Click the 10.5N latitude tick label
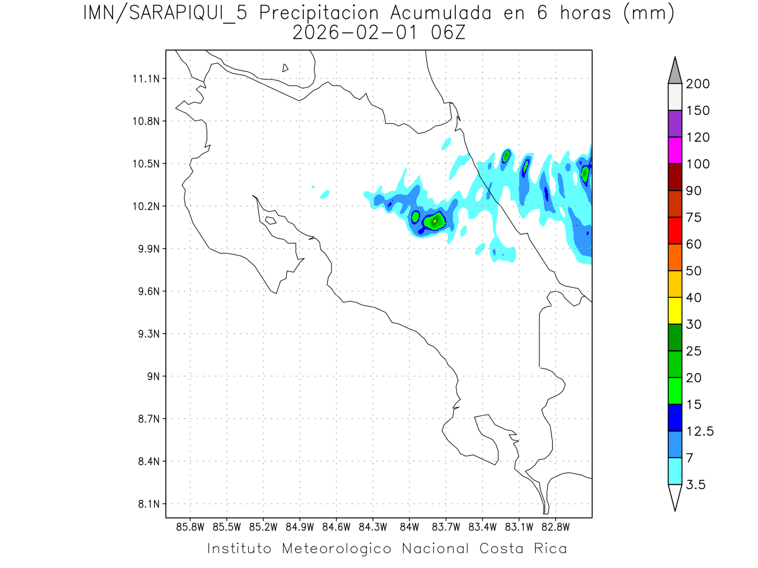coord(145,163)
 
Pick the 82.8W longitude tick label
coord(555,526)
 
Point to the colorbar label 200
coord(697,84)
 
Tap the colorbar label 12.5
coord(700,431)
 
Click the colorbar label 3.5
coord(695,485)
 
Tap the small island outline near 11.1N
coord(286,68)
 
